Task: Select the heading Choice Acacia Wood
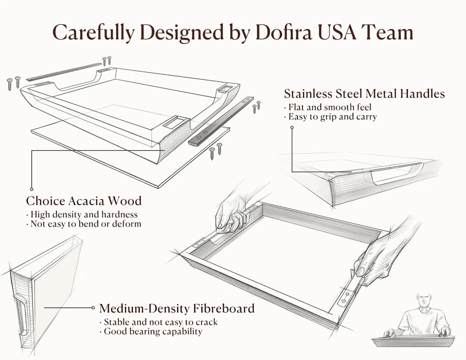(x=84, y=201)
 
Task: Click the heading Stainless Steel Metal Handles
(x=364, y=93)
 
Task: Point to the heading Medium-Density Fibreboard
(x=177, y=308)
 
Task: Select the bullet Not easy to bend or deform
(x=83, y=224)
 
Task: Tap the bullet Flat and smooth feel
(x=328, y=107)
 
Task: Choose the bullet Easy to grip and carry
(x=330, y=117)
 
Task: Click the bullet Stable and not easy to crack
(x=158, y=322)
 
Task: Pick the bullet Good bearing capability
(x=151, y=332)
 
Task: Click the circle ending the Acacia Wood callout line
(x=32, y=189)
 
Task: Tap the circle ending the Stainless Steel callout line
(x=292, y=127)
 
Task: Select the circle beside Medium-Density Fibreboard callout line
(x=93, y=308)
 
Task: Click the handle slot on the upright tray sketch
(x=21, y=315)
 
